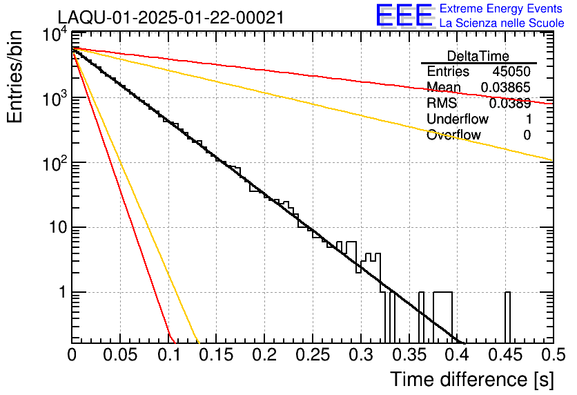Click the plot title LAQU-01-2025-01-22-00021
(x=170, y=18)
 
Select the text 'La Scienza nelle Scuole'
(x=502, y=23)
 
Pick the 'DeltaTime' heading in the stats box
(x=478, y=56)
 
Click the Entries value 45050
(x=511, y=72)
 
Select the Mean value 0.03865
(x=505, y=88)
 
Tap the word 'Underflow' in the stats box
(x=457, y=119)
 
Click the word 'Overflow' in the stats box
(x=453, y=135)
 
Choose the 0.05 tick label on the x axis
(x=120, y=354)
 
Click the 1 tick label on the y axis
(x=59, y=293)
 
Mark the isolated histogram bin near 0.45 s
(x=507, y=318)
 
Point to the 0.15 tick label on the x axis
(x=216, y=354)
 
